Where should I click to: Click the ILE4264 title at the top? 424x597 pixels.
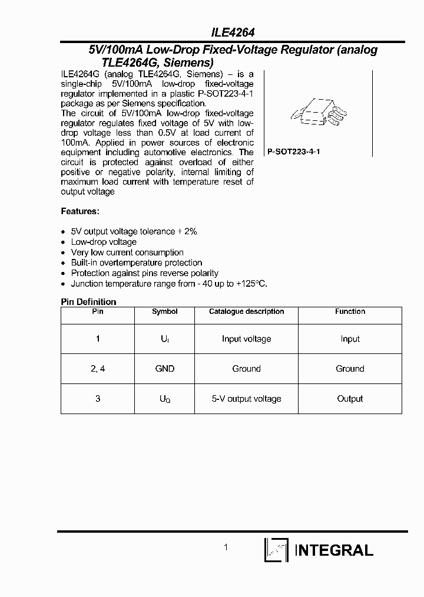233,34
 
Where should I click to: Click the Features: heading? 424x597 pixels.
80,211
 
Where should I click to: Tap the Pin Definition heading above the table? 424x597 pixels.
89,301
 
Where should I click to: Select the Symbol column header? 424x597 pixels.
164,311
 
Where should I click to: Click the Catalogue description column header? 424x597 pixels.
246,311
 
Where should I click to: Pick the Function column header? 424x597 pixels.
350,311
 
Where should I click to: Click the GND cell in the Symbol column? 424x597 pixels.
164,369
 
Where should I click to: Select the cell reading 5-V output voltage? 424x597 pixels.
246,399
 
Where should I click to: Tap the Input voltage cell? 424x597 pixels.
246,339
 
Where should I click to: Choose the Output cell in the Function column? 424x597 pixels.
350,399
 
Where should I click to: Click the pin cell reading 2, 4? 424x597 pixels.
98,369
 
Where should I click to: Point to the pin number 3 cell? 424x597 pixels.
98,399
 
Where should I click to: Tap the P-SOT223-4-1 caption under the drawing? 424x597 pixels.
294,152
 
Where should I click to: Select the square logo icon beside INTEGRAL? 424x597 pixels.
276,550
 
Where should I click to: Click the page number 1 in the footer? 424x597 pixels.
226,547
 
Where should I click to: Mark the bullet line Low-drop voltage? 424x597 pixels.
104,242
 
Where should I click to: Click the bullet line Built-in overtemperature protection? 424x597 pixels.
137,263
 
